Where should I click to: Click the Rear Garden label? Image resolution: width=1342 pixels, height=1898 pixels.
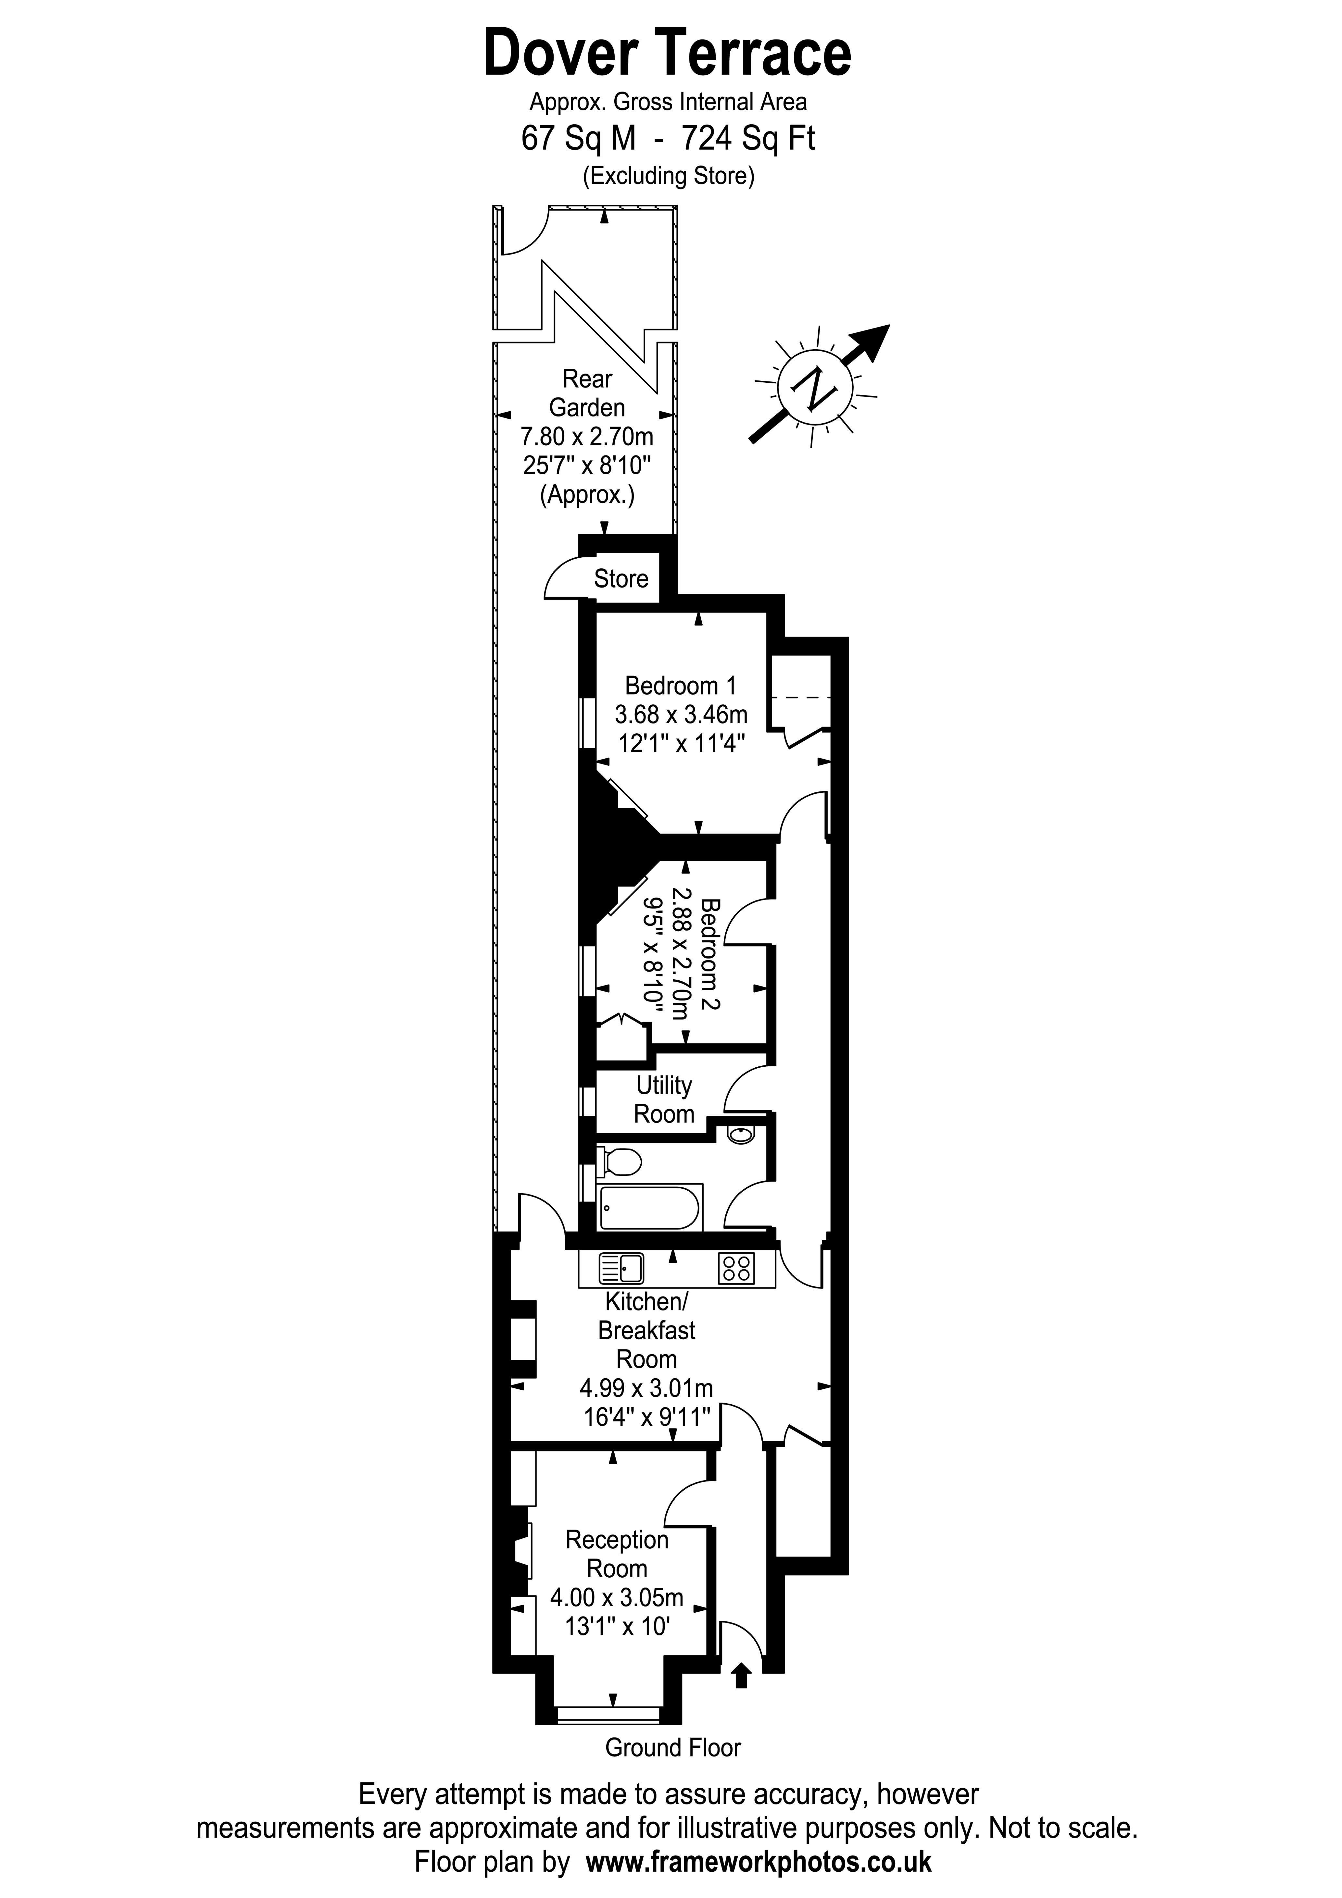(x=587, y=393)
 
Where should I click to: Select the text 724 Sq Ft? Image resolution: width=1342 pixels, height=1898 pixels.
(x=747, y=138)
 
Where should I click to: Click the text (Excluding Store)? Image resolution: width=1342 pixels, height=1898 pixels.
(x=668, y=175)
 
